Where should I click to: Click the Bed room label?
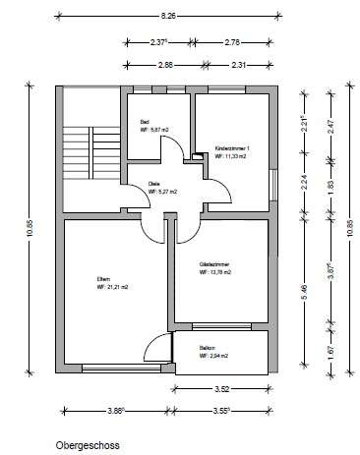pos(146,122)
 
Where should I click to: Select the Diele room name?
pos(152,184)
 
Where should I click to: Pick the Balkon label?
pos(207,348)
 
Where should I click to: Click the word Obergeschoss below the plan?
pos(88,443)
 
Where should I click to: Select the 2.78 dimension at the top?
pos(232,42)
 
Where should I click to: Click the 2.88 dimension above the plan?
pos(164,64)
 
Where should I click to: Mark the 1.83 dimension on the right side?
pos(330,184)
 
